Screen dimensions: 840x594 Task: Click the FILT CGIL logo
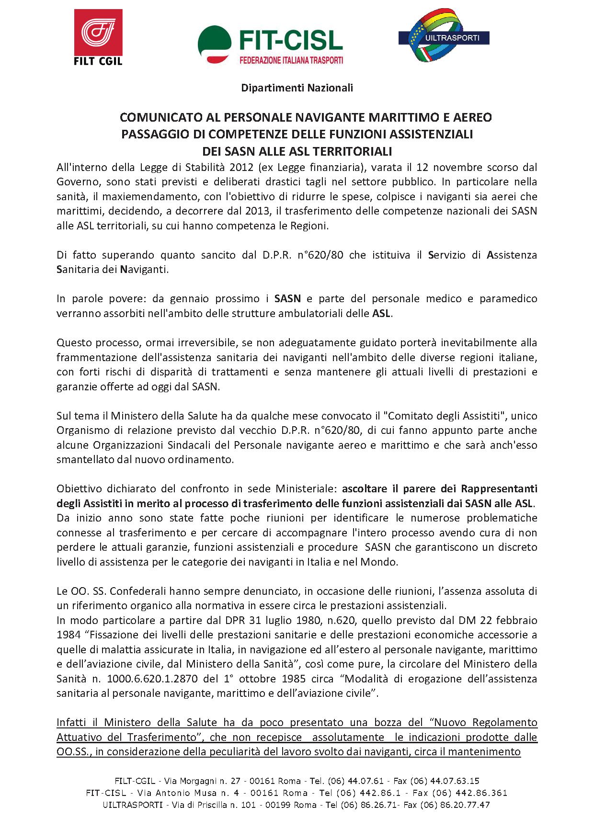click(x=98, y=38)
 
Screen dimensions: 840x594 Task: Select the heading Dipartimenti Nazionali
click(x=297, y=88)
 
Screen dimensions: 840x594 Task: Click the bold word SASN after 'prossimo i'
click(x=287, y=299)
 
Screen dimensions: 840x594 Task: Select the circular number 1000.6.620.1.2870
click(x=149, y=679)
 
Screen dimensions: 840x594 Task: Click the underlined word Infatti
click(x=72, y=722)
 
